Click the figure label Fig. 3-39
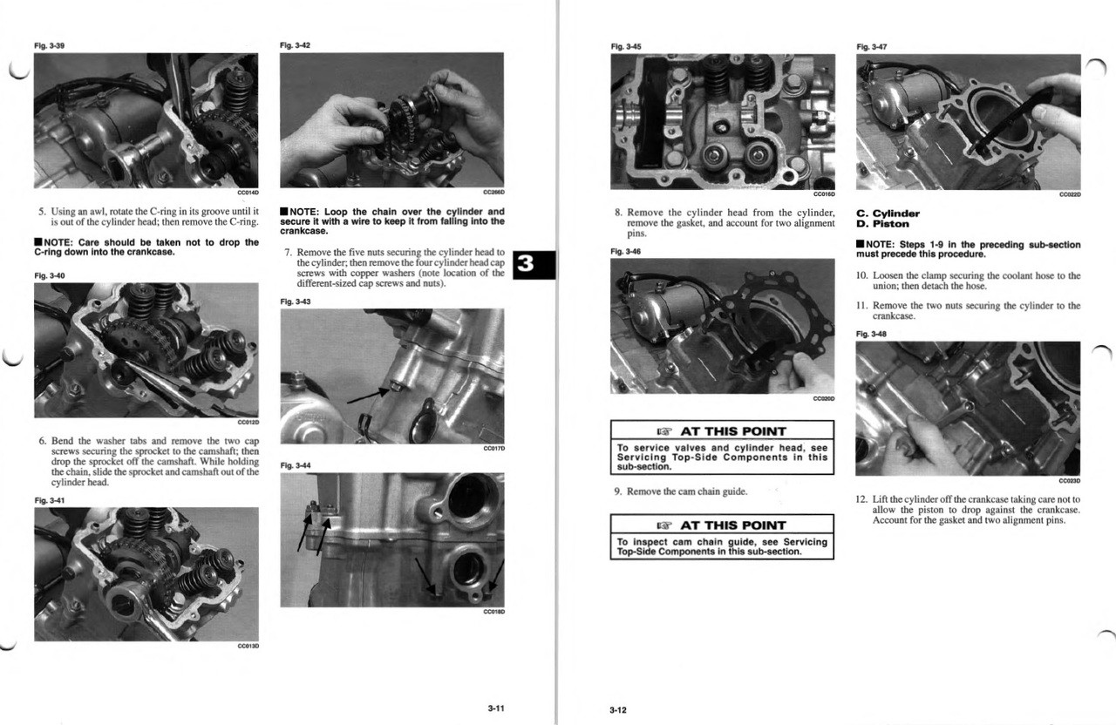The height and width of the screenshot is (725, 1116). (49, 45)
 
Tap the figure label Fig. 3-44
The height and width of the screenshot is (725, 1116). (295, 465)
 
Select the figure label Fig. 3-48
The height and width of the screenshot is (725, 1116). (871, 334)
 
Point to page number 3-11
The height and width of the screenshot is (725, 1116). (495, 708)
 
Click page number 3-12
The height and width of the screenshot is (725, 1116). (617, 710)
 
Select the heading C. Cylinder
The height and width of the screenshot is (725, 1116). (888, 213)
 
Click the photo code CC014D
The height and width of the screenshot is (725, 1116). (248, 192)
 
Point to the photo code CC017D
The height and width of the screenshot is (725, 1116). (493, 448)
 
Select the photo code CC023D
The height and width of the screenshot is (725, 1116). (1069, 480)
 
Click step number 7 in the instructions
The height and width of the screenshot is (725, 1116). (289, 253)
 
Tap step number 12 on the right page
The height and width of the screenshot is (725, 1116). (861, 499)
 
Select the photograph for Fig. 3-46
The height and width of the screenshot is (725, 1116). (722, 326)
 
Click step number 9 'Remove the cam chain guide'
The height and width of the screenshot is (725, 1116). (618, 491)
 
